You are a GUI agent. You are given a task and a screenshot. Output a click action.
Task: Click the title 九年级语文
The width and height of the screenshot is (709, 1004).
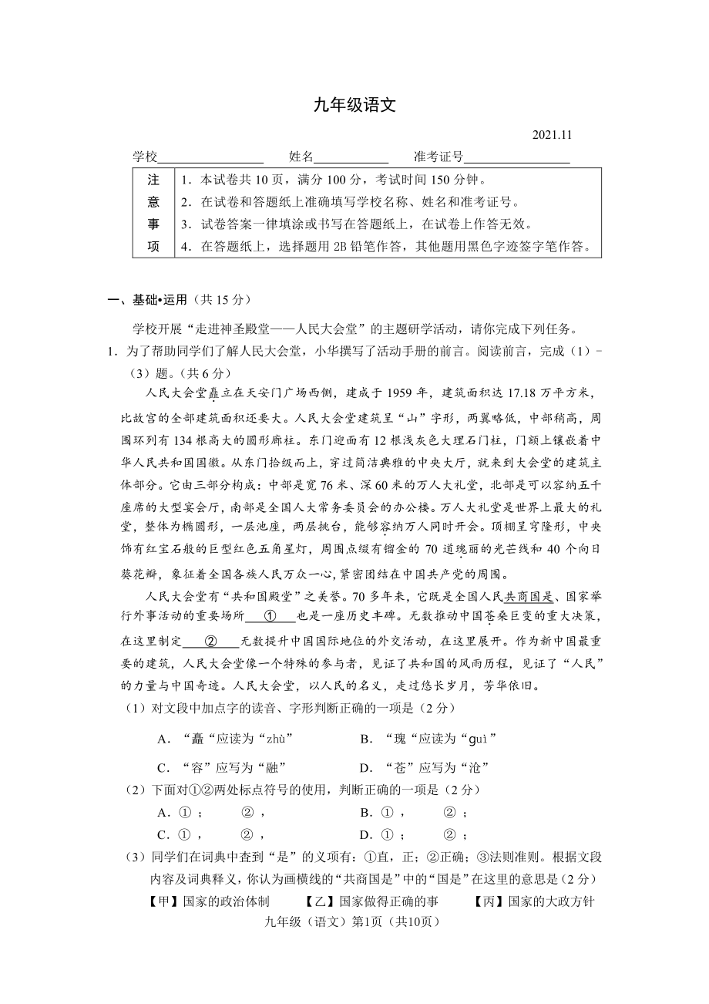354,106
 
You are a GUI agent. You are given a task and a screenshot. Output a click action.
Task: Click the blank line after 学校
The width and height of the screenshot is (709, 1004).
210,157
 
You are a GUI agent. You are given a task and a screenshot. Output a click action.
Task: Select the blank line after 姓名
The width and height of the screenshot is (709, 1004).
351,157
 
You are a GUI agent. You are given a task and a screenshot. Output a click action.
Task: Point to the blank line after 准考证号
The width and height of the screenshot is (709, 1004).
517,157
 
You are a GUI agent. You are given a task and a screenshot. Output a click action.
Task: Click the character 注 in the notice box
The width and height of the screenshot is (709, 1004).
153,180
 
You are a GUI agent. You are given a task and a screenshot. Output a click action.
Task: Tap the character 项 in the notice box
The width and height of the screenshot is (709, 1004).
153,247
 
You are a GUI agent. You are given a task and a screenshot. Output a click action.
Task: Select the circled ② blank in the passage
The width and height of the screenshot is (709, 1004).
210,641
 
